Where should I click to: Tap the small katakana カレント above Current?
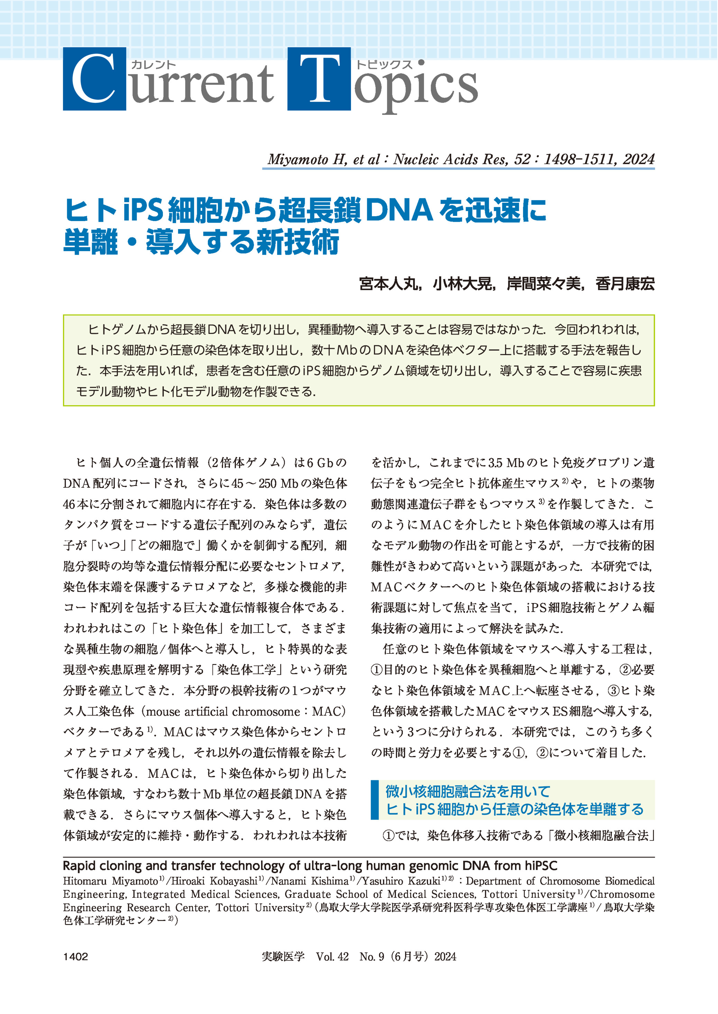coord(154,65)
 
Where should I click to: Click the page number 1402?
coord(76,957)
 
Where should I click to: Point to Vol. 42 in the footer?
coord(332,957)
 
